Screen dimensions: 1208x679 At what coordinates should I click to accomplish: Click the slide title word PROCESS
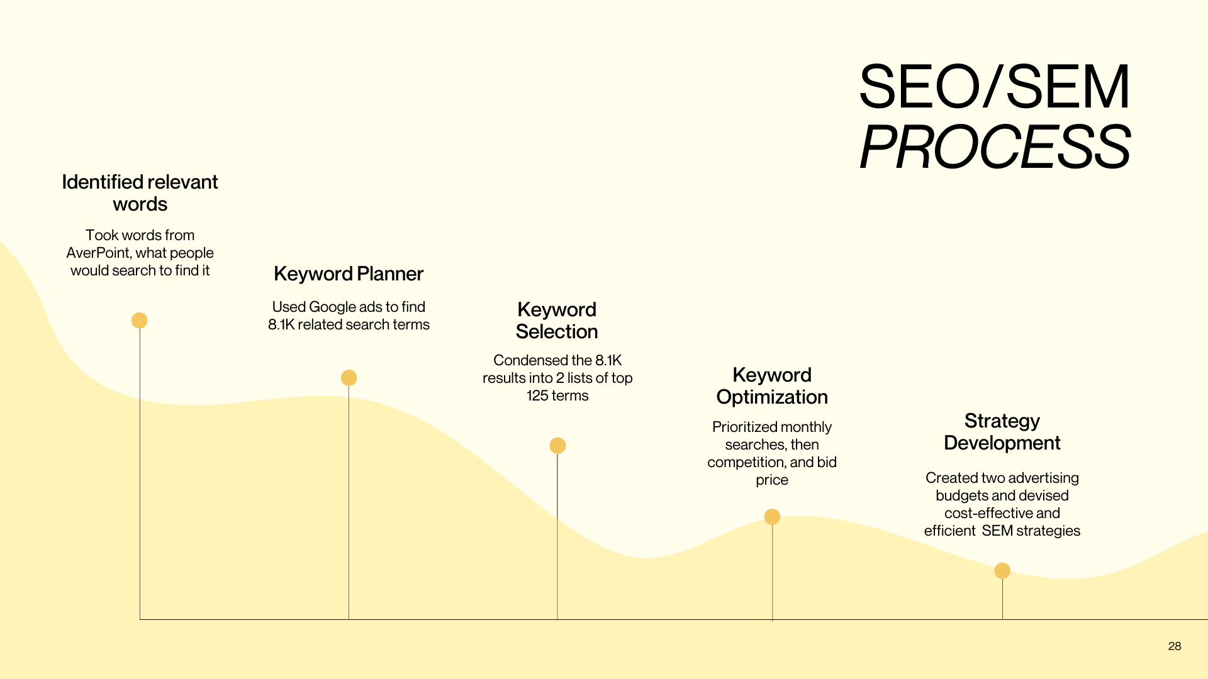click(995, 148)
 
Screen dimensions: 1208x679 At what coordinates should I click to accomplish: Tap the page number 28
click(1174, 646)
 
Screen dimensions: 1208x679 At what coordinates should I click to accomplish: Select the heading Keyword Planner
click(349, 274)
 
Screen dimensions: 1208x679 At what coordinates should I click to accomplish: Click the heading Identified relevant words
click(140, 193)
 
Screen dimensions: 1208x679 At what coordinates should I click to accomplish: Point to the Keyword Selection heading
click(557, 321)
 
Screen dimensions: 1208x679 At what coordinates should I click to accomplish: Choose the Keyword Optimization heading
click(772, 386)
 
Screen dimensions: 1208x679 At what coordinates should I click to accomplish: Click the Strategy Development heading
click(1002, 432)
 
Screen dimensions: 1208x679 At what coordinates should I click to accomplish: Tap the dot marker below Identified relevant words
click(140, 321)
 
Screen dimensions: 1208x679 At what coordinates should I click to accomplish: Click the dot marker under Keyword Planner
click(349, 378)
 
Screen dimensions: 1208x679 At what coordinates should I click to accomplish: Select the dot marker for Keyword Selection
click(557, 446)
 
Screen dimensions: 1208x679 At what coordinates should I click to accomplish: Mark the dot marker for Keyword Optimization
click(772, 517)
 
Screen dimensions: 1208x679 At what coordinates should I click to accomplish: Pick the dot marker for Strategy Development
click(1002, 571)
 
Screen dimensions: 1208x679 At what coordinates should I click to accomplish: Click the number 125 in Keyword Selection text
click(537, 396)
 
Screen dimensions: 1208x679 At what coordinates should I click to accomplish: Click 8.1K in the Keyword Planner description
click(281, 324)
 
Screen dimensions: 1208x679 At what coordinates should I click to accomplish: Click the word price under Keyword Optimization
click(772, 480)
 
